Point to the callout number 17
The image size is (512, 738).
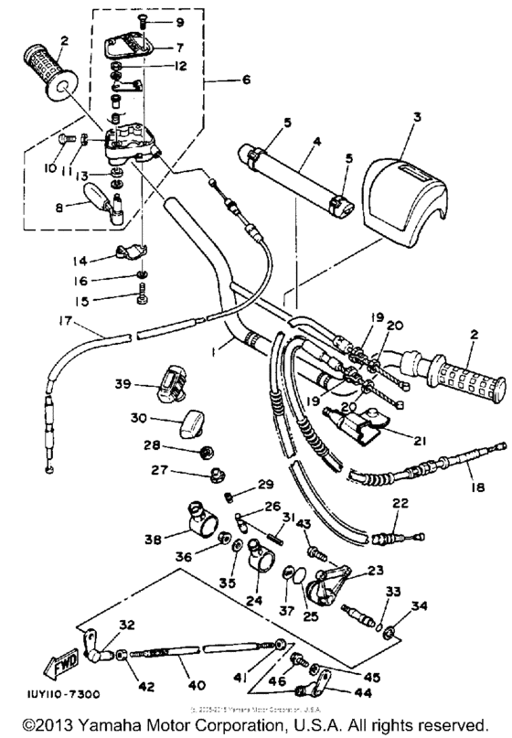[61, 321]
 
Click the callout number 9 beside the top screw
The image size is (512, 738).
[178, 21]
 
